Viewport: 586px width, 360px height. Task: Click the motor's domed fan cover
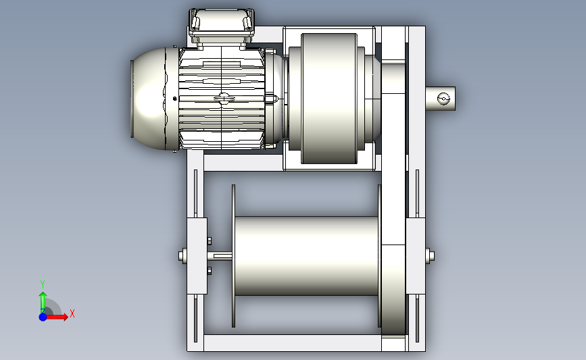point(149,99)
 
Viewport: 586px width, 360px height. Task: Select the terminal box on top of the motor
point(222,26)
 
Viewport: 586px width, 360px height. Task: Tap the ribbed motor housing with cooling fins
point(222,99)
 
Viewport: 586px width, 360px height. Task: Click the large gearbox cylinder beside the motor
point(329,99)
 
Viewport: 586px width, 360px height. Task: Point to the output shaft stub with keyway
point(441,99)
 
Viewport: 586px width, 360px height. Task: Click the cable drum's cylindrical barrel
point(306,256)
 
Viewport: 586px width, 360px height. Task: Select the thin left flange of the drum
point(234,256)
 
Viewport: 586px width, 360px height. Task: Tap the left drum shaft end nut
point(182,256)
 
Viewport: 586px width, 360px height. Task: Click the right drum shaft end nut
point(430,256)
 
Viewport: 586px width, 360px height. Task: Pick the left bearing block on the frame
point(197,256)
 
